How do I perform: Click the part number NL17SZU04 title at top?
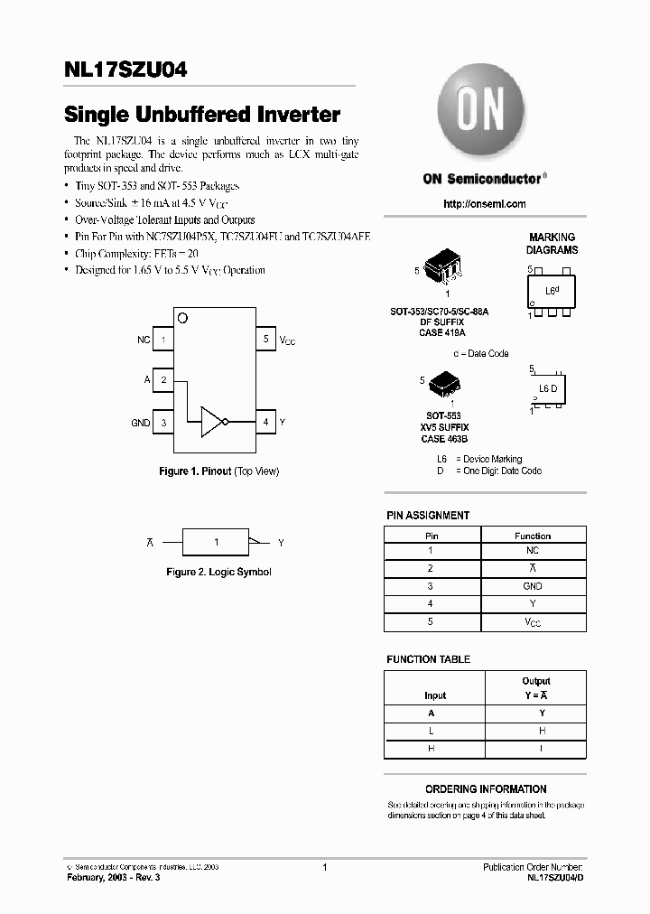click(x=125, y=70)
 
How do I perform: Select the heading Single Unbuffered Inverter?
click(x=202, y=116)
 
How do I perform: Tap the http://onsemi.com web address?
click(x=485, y=204)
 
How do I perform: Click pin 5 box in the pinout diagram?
click(x=265, y=340)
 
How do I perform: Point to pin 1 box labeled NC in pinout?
click(x=163, y=340)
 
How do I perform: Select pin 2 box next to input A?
click(x=163, y=380)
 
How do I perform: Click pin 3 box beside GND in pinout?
click(x=163, y=422)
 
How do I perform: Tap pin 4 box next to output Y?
click(x=265, y=422)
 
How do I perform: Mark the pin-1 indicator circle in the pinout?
click(x=183, y=317)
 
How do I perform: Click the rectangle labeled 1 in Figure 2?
click(x=216, y=542)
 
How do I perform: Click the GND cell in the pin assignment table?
click(x=532, y=586)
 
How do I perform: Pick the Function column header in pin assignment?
click(x=532, y=536)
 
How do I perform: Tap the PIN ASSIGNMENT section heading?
click(x=428, y=516)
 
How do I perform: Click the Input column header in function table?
click(x=435, y=695)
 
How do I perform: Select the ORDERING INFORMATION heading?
click(x=486, y=788)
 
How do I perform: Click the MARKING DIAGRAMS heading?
click(x=552, y=243)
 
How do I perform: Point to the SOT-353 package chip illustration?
click(x=448, y=268)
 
